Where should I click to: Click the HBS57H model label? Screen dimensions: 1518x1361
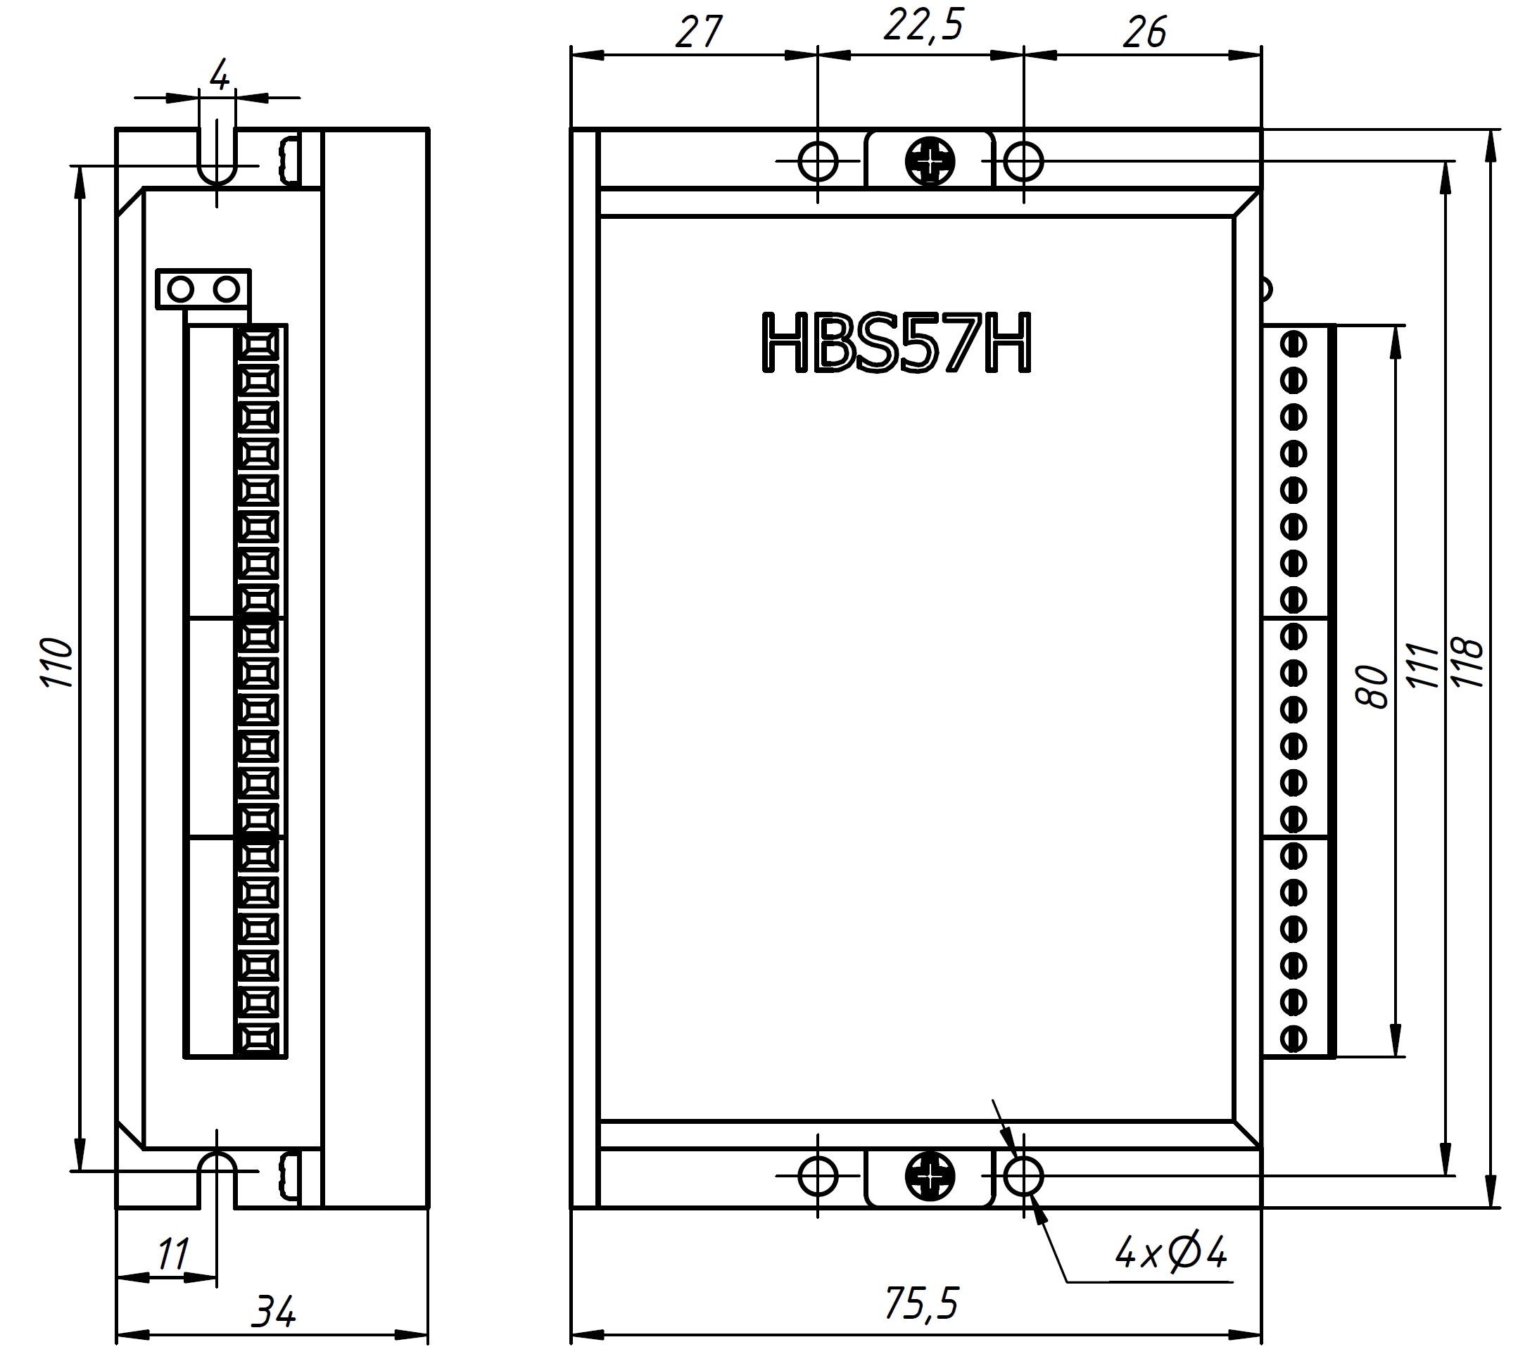(x=896, y=343)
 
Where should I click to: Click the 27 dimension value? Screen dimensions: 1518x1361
(x=698, y=32)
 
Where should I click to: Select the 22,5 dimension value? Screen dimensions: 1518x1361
(x=923, y=26)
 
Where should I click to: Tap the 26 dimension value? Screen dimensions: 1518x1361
(x=1144, y=32)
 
